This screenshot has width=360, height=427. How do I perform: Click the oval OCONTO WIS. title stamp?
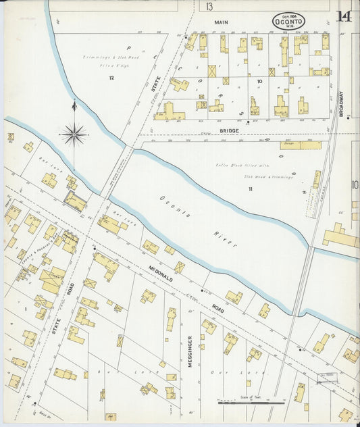[x=288, y=22]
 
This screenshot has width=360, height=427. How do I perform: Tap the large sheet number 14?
[x=344, y=15]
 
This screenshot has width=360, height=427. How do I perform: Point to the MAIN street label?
[x=222, y=22]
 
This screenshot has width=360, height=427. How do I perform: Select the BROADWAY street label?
[x=341, y=104]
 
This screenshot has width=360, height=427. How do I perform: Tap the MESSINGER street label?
[x=190, y=351]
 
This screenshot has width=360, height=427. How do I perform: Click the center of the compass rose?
[x=74, y=134]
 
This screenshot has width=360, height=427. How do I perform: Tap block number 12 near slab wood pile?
[x=111, y=78]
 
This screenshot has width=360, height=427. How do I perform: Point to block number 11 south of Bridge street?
[x=249, y=189]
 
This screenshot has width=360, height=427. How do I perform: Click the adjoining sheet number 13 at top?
[x=210, y=7]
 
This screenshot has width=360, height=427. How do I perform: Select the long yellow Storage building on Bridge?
[x=301, y=145]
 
